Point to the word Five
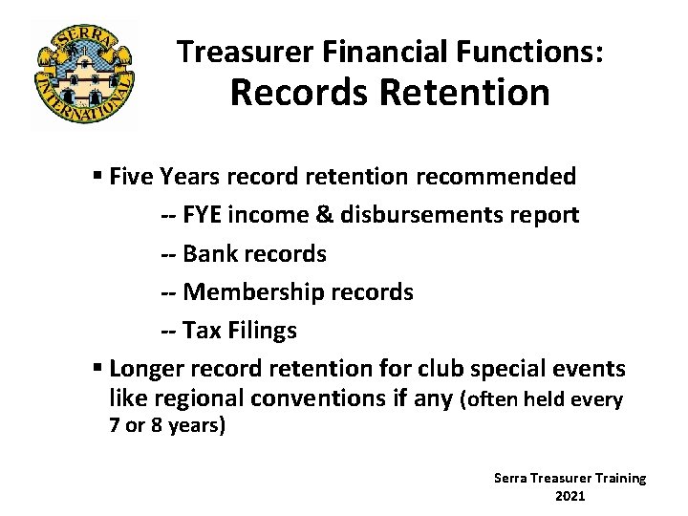[x=132, y=177]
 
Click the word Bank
[x=209, y=254]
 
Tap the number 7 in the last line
[x=115, y=426]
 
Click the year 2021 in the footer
[x=570, y=496]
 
